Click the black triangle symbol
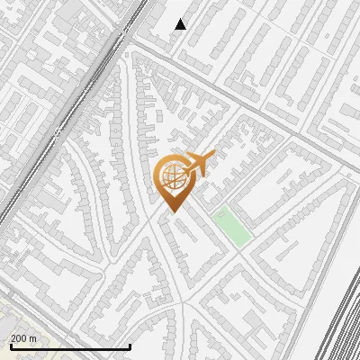(180, 24)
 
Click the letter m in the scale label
(33, 338)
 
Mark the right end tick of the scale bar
(130, 345)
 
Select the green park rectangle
(231, 226)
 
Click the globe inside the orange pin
(171, 177)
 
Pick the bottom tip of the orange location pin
(171, 212)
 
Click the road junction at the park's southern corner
(238, 252)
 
